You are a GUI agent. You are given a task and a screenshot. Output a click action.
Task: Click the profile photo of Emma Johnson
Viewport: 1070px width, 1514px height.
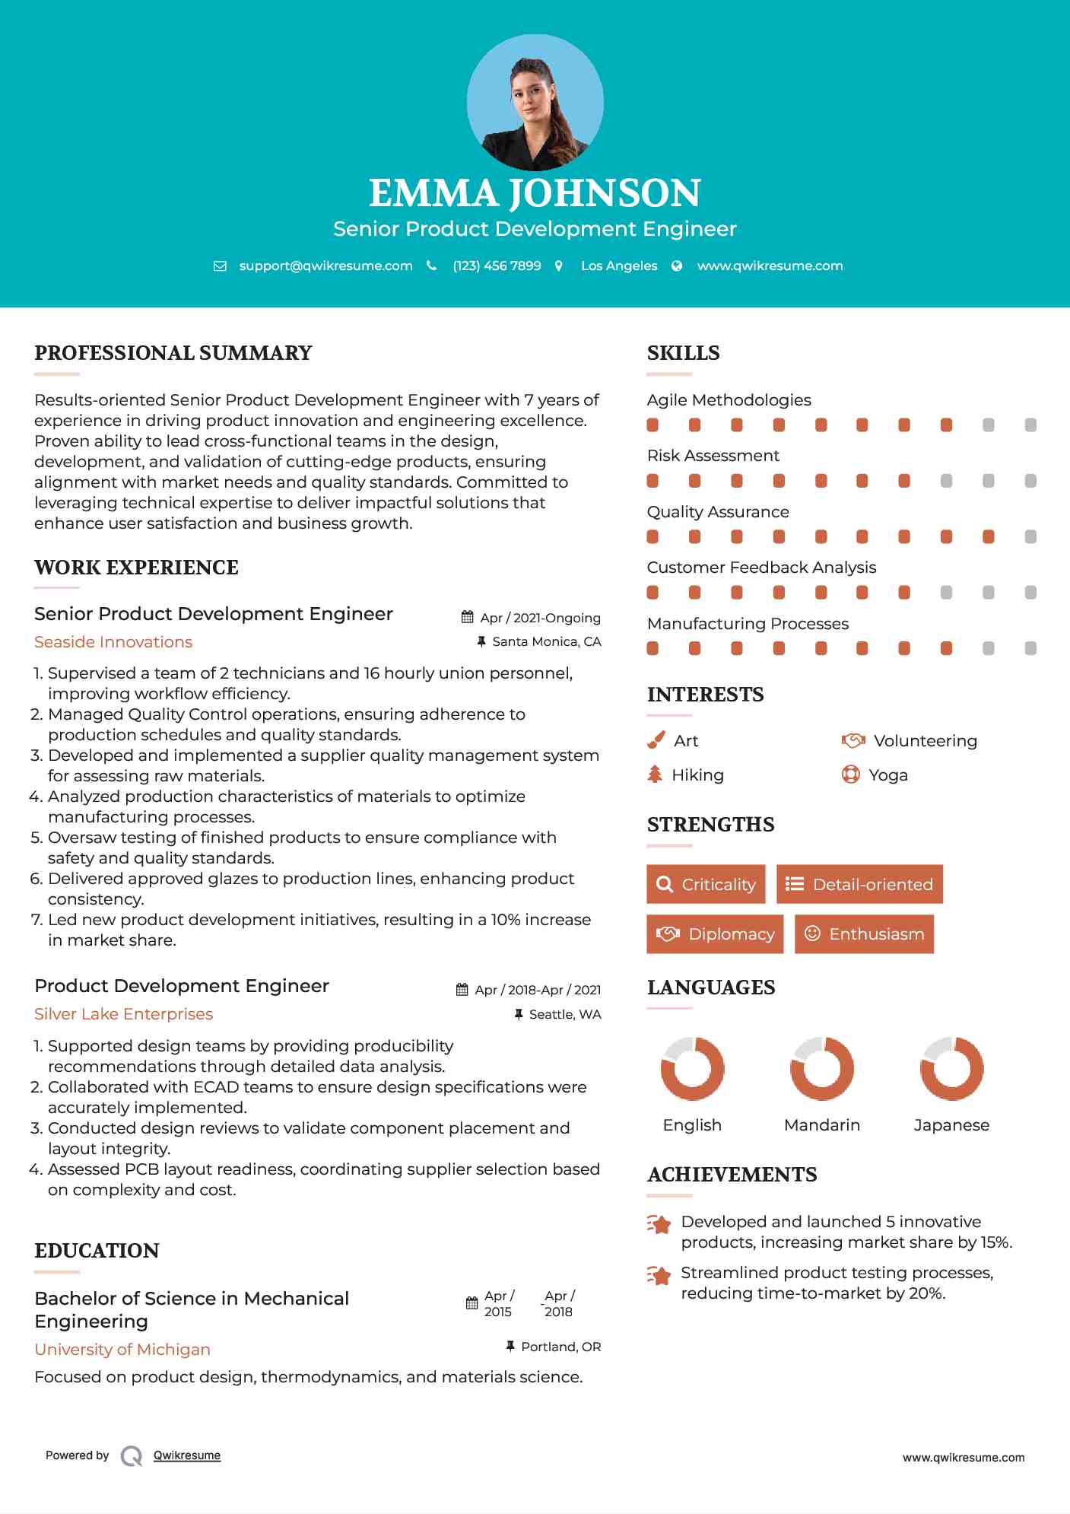(x=535, y=103)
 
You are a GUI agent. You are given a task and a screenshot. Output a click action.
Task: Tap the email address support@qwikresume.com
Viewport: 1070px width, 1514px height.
(x=325, y=266)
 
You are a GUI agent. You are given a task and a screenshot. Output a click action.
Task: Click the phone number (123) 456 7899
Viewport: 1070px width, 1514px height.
(x=497, y=266)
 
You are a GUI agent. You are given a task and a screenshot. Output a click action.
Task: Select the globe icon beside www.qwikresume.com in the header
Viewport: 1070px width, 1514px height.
(x=677, y=266)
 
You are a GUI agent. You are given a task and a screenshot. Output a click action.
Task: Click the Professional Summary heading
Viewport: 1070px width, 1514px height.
(x=173, y=353)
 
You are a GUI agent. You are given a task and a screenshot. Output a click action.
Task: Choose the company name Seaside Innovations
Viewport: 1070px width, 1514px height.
(x=113, y=641)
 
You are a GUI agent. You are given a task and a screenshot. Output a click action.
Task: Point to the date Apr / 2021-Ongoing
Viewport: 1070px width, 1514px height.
(x=540, y=618)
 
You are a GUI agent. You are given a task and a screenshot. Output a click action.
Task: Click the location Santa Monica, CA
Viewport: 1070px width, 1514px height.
(x=546, y=641)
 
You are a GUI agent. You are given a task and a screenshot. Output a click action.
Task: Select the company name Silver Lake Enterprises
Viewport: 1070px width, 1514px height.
(x=123, y=1013)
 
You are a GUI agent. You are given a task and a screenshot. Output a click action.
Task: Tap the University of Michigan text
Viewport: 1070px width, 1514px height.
(x=122, y=1349)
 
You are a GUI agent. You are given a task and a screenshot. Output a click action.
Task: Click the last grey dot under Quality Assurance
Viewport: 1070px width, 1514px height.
(x=1030, y=536)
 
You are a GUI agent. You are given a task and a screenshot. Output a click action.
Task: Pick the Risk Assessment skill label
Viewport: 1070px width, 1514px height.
(x=713, y=455)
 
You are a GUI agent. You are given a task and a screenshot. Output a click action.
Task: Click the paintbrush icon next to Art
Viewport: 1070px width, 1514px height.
(x=656, y=740)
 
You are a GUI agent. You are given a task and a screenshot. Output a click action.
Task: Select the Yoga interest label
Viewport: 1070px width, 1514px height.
(x=888, y=774)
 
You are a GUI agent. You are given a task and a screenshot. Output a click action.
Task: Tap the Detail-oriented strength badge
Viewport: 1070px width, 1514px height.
(x=859, y=884)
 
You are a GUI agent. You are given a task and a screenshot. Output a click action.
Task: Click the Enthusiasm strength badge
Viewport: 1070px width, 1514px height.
(x=864, y=934)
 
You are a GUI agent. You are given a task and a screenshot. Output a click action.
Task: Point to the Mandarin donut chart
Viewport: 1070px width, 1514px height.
(x=822, y=1068)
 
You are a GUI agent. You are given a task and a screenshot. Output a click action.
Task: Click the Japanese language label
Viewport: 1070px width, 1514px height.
(x=951, y=1124)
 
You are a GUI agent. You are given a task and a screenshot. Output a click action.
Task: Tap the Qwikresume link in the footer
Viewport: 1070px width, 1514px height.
(x=187, y=1455)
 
